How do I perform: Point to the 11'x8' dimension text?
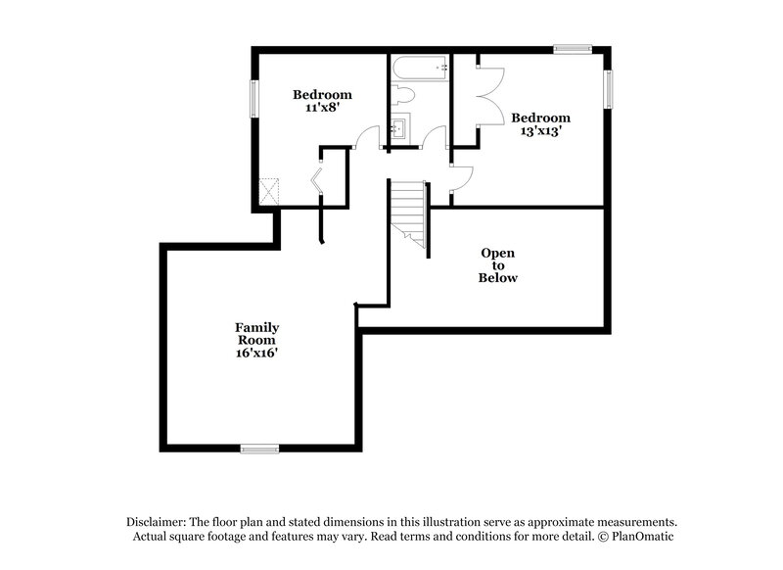click(x=322, y=109)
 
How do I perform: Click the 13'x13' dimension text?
click(x=540, y=131)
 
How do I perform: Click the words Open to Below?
click(x=497, y=265)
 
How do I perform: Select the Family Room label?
click(x=256, y=333)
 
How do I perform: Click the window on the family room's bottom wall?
click(x=260, y=449)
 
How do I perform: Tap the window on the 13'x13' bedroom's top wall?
click(x=572, y=47)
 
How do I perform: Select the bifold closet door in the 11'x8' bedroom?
click(x=317, y=182)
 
